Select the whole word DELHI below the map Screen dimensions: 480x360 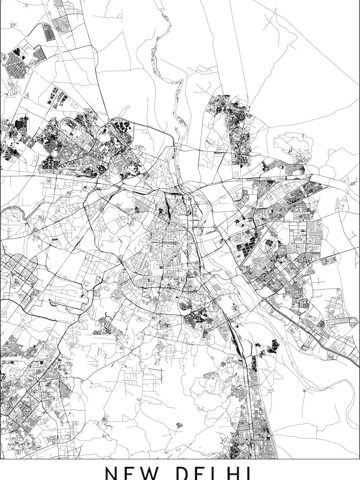[218, 473]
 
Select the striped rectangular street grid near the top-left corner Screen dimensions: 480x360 [49, 32]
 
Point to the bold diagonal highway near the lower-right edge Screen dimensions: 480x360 [311, 331]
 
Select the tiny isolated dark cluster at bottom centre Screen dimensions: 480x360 [179, 425]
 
